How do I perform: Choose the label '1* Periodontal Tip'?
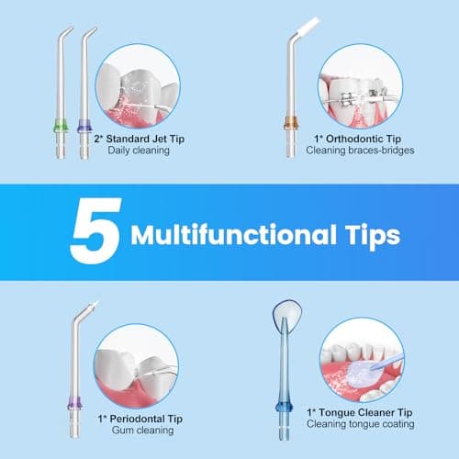(x=139, y=419)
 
